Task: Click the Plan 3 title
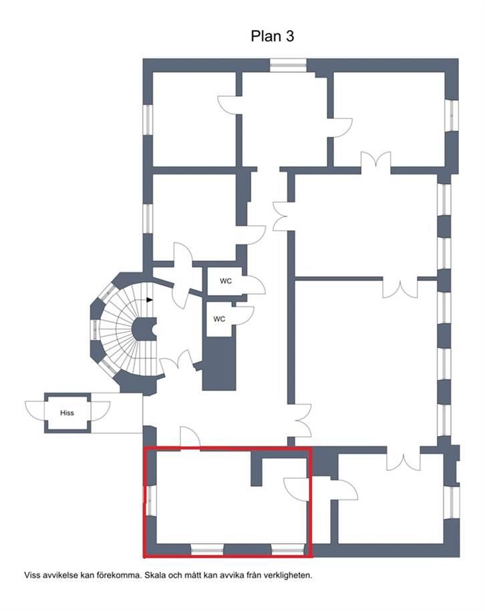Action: pos(272,36)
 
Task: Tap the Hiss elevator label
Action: pos(67,413)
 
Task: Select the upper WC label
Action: pos(226,281)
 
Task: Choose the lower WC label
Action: pos(219,319)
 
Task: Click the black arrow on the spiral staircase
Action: pos(150,300)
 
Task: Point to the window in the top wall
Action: pos(288,65)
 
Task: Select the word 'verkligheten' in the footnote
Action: pos(292,575)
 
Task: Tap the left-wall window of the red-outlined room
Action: pos(150,500)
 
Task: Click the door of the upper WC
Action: pos(254,285)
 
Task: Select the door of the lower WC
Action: pos(244,315)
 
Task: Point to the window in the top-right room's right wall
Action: pos(452,116)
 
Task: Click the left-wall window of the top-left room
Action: pos(148,120)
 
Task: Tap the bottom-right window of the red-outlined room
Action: pos(288,550)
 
